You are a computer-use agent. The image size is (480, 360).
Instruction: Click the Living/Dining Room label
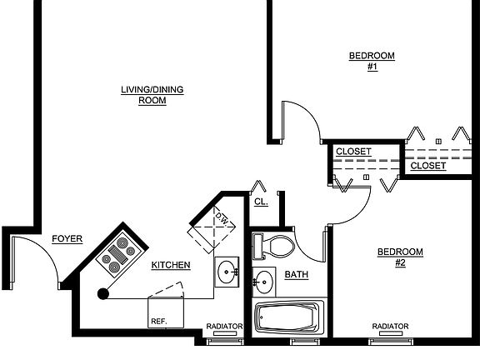point(152,95)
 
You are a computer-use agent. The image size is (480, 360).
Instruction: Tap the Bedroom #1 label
point(372,61)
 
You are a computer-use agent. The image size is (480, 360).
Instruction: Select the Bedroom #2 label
point(400,257)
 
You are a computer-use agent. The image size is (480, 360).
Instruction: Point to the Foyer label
point(67,239)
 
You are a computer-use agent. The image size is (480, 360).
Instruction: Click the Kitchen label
point(171,265)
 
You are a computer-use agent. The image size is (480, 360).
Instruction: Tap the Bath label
point(297,275)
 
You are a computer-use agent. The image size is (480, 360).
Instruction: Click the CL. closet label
point(261,202)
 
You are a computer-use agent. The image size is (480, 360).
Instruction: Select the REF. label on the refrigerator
point(159,322)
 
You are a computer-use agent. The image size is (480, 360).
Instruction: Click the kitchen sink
point(227,272)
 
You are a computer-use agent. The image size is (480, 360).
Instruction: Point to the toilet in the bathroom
point(272,246)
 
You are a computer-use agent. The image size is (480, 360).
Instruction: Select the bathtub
point(290,317)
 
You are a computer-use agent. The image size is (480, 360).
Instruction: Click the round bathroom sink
point(263,282)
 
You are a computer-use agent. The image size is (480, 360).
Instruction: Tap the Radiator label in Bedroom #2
point(390,327)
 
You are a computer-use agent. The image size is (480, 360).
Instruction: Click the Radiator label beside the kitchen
point(224,327)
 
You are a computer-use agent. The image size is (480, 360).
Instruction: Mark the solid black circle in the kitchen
point(103,294)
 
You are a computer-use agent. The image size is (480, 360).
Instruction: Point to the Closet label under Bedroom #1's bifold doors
point(428,166)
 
